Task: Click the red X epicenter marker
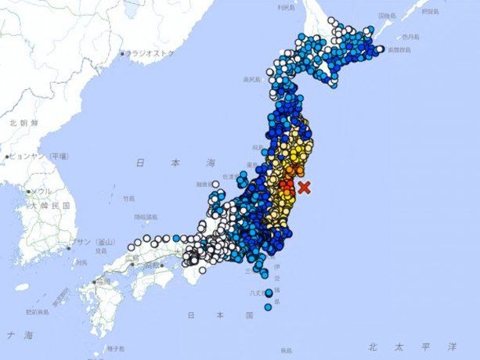305,187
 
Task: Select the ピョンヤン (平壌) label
39,156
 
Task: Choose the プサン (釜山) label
98,242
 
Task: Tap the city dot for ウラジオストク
122,54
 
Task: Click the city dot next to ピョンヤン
8,157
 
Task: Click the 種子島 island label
114,348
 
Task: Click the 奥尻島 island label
251,79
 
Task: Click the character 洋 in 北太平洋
452,345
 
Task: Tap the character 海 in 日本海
211,163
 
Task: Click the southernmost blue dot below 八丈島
268,308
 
